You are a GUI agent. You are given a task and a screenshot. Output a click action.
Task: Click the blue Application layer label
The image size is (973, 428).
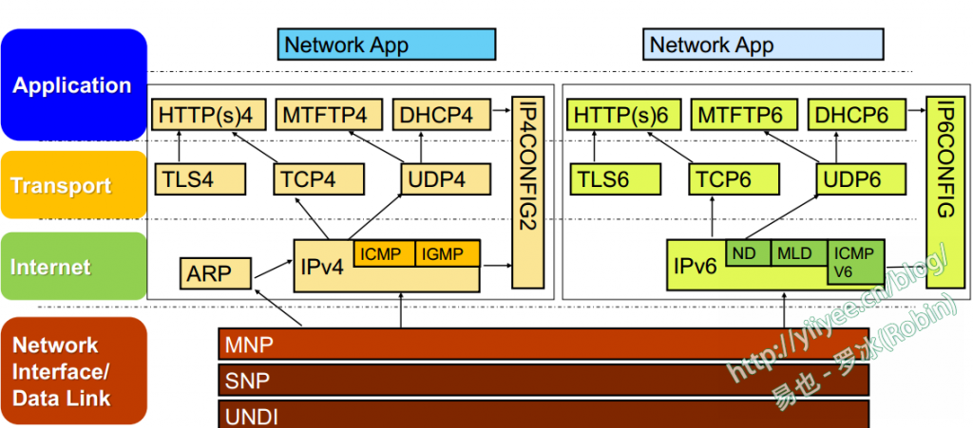[74, 85]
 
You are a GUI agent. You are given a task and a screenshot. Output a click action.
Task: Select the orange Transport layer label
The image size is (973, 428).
[74, 185]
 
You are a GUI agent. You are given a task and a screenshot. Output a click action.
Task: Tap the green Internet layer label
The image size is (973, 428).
[74, 267]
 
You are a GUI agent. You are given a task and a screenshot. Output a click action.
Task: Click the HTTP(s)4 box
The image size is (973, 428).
[207, 115]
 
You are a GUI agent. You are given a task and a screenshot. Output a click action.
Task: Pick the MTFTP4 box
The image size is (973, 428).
[329, 115]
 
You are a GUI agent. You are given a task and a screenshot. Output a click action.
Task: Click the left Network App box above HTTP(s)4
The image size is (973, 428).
[388, 44]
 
